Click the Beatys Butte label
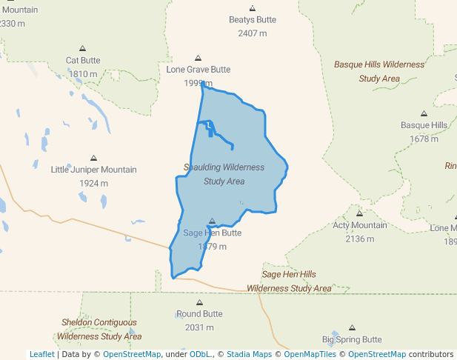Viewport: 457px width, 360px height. click(252, 20)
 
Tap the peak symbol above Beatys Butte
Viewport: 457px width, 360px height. click(252, 8)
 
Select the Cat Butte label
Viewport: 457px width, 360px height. click(83, 60)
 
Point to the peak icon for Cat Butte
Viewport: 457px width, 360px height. click(82, 48)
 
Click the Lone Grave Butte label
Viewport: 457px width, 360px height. click(198, 70)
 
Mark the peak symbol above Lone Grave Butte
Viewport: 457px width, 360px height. click(198, 58)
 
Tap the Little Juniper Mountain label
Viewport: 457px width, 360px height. click(93, 170)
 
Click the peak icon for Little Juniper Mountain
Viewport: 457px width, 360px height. click(93, 158)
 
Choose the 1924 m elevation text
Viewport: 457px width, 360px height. click(93, 183)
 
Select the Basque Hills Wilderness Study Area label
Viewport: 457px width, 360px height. click(379, 71)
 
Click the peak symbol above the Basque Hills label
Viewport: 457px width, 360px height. click(424, 114)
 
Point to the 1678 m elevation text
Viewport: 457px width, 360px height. click(424, 139)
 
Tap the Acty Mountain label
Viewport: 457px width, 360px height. click(359, 225)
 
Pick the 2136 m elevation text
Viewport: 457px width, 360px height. click(359, 239)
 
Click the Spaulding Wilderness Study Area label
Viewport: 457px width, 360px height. click(224, 174)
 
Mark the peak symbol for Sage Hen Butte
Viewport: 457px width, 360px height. click(212, 221)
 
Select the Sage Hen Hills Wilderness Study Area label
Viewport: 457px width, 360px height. click(289, 281)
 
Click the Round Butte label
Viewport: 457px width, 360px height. click(199, 314)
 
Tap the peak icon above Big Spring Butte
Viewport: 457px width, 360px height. click(352, 327)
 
